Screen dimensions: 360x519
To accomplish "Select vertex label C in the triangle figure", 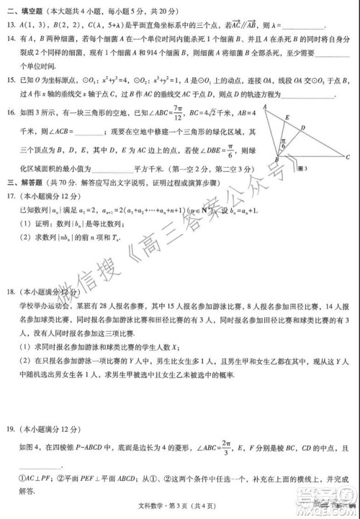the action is coord(348,156).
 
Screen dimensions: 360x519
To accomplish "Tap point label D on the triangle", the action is coord(303,127).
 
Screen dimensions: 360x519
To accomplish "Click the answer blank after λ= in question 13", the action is coord(302,25).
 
